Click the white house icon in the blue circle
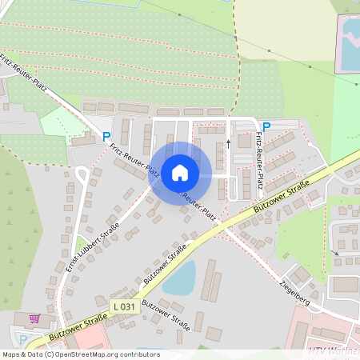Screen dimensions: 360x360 pos(180,173)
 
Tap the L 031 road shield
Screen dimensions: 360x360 pos(123,306)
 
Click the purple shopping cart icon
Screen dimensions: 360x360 pos(34,318)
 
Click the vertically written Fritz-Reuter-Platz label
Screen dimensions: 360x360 pos(260,165)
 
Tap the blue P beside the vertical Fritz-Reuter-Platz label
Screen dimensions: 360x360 pos(266,126)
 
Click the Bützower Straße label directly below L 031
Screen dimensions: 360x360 pos(163,314)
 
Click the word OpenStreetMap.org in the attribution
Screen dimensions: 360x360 pos(87,354)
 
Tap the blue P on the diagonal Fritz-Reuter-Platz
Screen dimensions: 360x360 pos(106,137)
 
